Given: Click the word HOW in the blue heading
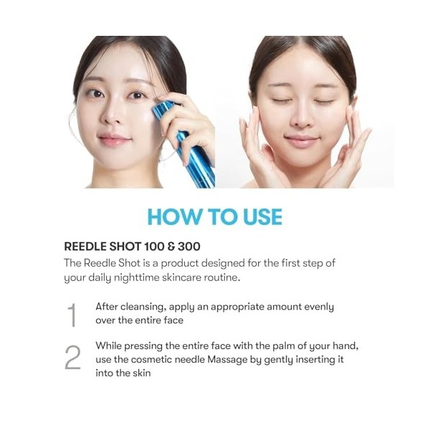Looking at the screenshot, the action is pyautogui.click(x=174, y=217).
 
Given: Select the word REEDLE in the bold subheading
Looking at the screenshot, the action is pyautogui.click(x=85, y=247).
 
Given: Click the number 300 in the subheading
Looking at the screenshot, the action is pyautogui.click(x=189, y=247).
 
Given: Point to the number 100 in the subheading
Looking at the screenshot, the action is pyautogui.click(x=154, y=247).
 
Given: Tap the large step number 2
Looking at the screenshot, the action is pyautogui.click(x=72, y=358).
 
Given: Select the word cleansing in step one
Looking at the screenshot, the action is pyautogui.click(x=143, y=307).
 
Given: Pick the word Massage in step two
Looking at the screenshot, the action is pyautogui.click(x=227, y=360).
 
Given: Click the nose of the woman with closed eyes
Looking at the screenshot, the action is pyautogui.click(x=302, y=118).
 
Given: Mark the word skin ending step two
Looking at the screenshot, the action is pyautogui.click(x=142, y=373).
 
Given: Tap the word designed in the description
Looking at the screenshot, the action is pyautogui.click(x=223, y=264).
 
